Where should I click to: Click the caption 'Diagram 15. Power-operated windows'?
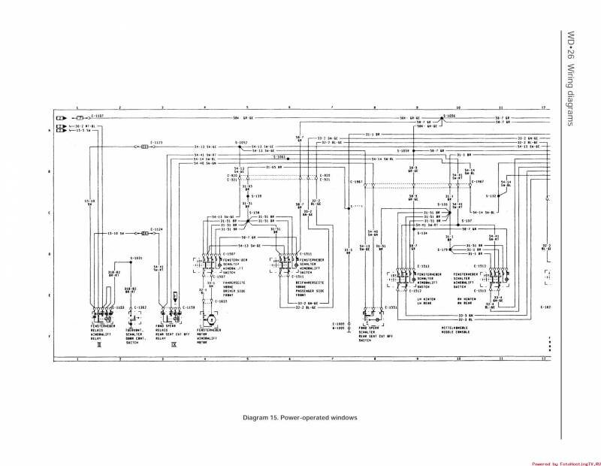pos(299,418)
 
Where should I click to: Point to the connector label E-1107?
pos(98,116)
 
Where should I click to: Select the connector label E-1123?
pos(157,142)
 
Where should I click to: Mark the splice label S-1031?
pos(136,258)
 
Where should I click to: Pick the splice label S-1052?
pos(241,142)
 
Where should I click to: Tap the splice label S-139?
pos(256,195)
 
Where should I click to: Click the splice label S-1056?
pos(449,116)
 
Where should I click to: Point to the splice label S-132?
pos(492,195)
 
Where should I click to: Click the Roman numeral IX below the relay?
pos(174,345)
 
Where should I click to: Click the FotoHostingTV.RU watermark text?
pos(565,463)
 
